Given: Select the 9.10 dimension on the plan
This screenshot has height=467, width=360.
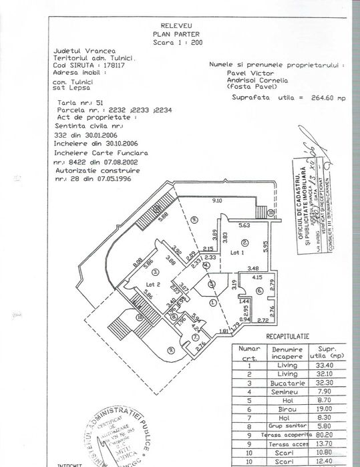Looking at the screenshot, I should point(216,200).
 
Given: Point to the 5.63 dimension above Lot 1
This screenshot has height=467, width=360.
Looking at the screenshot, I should point(244,226).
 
